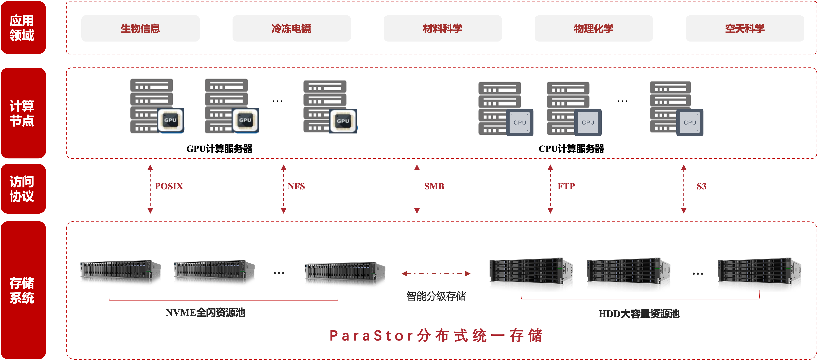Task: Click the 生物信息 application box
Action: click(x=140, y=29)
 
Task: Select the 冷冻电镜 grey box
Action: click(x=291, y=29)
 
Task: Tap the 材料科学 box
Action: click(x=442, y=29)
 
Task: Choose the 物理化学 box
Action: click(x=594, y=29)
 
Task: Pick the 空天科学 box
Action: click(x=745, y=29)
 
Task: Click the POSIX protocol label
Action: click(x=169, y=186)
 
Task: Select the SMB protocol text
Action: click(x=434, y=186)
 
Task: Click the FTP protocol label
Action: click(x=566, y=186)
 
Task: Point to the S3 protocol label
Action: click(x=701, y=186)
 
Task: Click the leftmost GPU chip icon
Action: click(x=171, y=120)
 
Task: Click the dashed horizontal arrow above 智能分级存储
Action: click(x=436, y=274)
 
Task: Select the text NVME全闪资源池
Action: click(x=205, y=313)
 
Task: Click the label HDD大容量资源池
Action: click(x=639, y=314)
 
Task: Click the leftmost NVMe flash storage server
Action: click(x=120, y=272)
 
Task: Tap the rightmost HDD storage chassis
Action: click(x=759, y=274)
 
